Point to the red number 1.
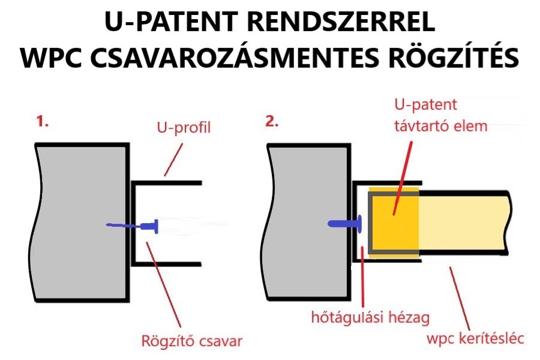coord(43,123)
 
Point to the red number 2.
coord(272,123)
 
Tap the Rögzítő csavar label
coord(191,341)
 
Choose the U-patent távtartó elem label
coord(431,115)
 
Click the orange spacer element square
coord(393,222)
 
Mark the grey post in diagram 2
coord(306,222)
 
